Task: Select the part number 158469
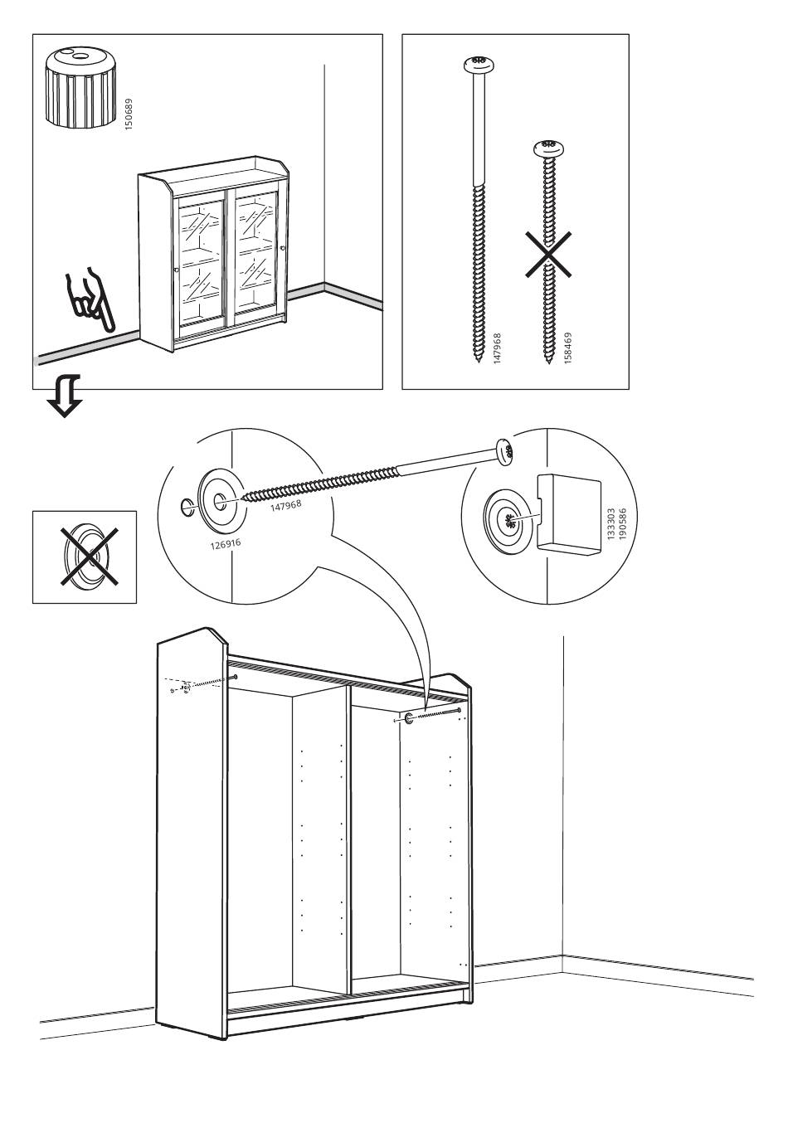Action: (567, 349)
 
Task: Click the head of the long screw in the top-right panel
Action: (476, 63)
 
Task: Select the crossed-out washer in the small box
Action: (84, 556)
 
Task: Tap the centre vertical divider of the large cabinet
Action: (347, 838)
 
